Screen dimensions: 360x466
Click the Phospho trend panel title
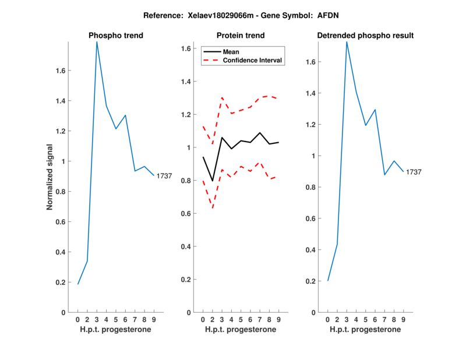coord(116,36)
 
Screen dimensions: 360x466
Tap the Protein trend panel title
coord(241,36)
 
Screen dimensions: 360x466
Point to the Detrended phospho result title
coord(365,36)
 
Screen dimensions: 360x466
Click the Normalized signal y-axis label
coord(50,177)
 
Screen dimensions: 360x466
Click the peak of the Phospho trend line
coord(97,41)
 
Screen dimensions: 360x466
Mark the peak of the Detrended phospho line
coord(347,41)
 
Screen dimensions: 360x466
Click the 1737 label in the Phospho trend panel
coord(164,176)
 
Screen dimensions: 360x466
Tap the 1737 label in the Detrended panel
coord(414,172)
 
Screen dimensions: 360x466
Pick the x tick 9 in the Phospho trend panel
coord(154,319)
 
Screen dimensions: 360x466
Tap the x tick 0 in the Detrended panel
coord(328,319)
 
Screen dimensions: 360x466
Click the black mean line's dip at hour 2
coord(212,181)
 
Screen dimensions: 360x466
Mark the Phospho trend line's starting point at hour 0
coord(78,284)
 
